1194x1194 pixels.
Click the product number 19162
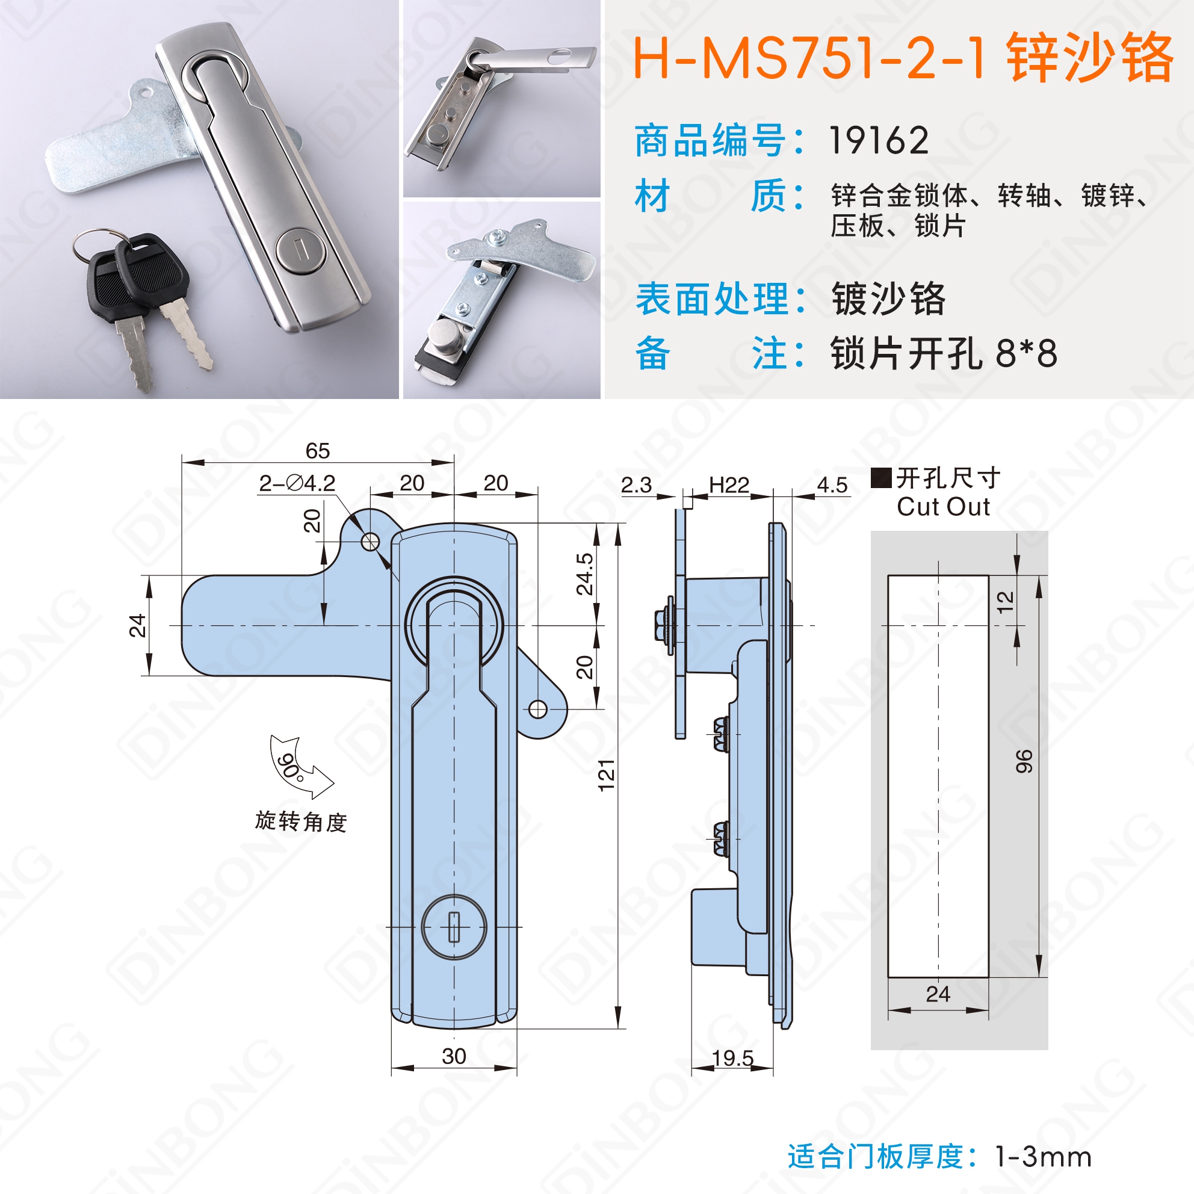pos(878,140)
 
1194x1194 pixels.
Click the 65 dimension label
pos(318,451)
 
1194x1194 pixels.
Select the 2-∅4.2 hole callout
pos(297,483)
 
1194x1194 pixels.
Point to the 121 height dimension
pos(606,775)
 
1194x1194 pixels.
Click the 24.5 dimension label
pos(584,574)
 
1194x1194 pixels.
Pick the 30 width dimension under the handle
pos(454,1056)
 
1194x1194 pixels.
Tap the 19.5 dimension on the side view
pos(732,1058)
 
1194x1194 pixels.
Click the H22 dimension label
pos(729,485)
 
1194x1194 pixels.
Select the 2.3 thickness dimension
pos(637,485)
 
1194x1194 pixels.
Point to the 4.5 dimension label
pos(832,485)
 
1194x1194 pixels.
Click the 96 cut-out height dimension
pos(1024,761)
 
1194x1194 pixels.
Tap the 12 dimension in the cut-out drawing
pos(1006,601)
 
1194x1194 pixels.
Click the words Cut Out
pos(943,507)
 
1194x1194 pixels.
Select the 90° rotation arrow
pos(298,766)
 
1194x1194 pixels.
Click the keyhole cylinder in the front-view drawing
pos(454,927)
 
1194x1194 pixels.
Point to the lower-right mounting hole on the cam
pos(538,709)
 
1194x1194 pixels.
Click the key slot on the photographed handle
pos(301,251)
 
